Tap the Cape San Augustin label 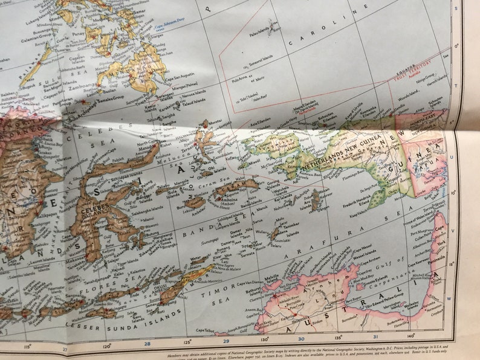180,76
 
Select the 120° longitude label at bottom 107,346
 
